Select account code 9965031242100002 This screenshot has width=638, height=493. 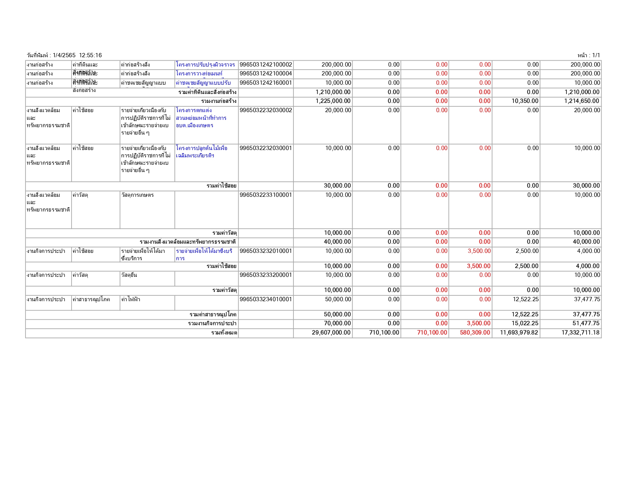266,65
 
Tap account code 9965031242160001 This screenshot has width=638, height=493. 266,83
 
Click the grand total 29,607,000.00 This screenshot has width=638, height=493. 331,333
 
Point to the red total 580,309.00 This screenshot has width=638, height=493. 475,333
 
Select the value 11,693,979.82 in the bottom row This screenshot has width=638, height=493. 519,333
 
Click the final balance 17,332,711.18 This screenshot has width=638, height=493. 580,333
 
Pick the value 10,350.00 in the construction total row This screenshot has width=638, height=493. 525,101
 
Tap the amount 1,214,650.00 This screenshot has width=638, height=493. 582,101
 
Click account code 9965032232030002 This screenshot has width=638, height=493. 266,110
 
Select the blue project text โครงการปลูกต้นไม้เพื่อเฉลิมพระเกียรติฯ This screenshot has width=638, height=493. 201,152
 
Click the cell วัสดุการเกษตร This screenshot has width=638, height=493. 137,195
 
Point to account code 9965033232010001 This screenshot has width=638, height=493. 266,251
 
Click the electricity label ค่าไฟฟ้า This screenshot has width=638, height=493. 131,299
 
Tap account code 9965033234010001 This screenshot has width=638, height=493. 266,299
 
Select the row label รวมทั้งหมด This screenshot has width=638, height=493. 224,333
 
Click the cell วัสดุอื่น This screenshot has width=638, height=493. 129,275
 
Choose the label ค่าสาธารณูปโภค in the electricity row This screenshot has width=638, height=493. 91,299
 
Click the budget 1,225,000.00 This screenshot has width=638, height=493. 333,101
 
